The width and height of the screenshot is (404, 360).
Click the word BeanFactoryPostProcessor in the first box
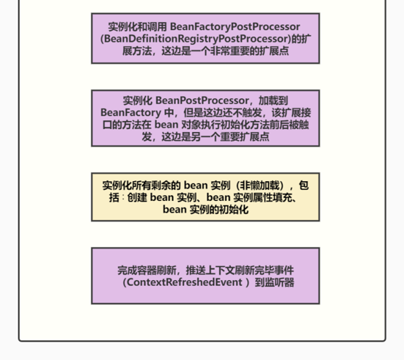point(235,27)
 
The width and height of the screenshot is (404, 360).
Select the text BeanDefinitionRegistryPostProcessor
point(196,39)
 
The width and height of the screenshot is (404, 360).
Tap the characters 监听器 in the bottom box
point(280,283)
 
